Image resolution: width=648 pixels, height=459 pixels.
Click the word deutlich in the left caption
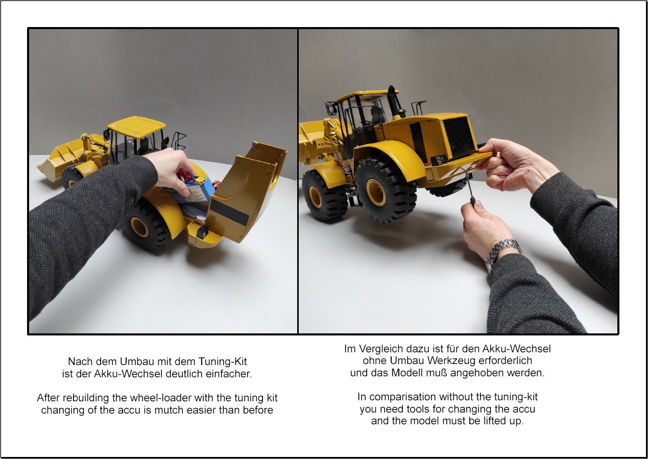coord(184,374)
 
